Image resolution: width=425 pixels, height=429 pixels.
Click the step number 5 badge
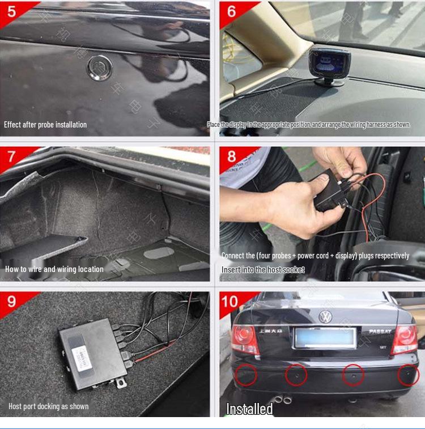click(12, 11)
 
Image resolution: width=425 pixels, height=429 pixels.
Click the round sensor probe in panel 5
click(99, 67)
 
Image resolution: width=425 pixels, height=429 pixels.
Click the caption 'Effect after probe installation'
click(45, 125)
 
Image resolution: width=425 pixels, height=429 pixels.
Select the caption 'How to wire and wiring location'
click(54, 269)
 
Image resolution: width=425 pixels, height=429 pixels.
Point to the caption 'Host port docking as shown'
click(48, 406)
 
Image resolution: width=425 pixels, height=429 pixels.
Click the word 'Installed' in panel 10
click(249, 409)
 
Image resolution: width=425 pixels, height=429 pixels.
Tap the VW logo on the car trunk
click(325, 317)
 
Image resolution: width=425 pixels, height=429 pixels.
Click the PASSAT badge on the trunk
click(379, 332)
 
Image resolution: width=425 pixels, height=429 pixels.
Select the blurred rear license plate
click(325, 338)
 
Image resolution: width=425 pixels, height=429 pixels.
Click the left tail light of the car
click(245, 339)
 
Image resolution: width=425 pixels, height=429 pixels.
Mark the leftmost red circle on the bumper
click(246, 375)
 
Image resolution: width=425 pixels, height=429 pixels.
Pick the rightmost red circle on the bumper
click(408, 375)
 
